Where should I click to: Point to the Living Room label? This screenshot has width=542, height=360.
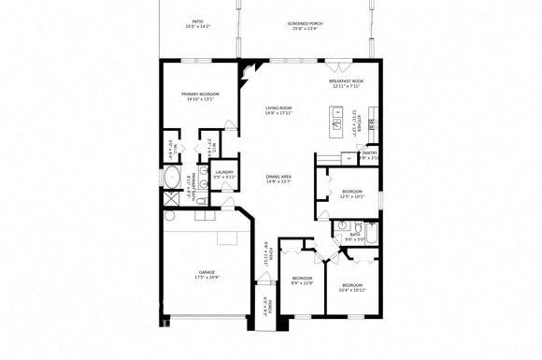tap(278, 110)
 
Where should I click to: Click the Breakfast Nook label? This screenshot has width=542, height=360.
tap(346, 84)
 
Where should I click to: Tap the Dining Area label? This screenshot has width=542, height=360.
tap(279, 177)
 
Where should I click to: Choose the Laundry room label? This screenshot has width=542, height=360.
tap(224, 174)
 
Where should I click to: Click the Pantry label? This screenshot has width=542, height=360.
tap(370, 155)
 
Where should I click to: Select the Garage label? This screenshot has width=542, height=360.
tap(207, 274)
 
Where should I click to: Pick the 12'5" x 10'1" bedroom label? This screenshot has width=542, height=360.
tap(351, 194)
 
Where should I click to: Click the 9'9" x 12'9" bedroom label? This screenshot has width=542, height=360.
tap(301, 281)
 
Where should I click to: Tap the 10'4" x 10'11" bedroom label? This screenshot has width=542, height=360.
tap(351, 286)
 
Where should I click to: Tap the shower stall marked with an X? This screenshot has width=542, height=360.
tap(171, 199)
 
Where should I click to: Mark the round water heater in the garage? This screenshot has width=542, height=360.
tap(170, 215)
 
